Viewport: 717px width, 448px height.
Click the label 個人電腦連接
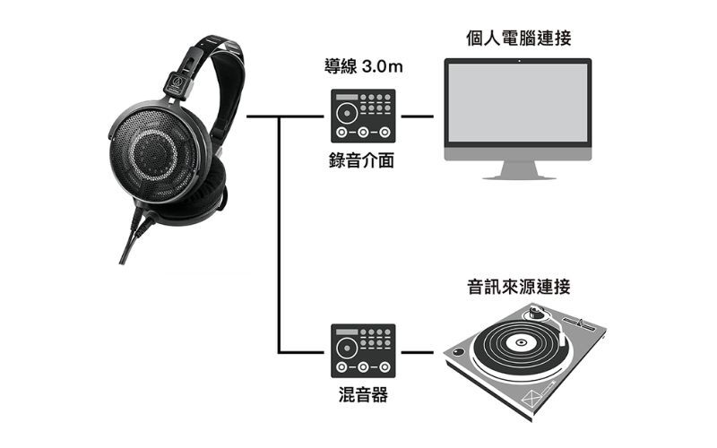pos(519,38)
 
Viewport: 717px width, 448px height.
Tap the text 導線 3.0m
pos(364,66)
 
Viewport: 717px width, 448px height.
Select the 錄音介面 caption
pos(362,160)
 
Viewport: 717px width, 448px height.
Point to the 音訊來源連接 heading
pos(519,287)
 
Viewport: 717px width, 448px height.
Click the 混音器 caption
pos(363,394)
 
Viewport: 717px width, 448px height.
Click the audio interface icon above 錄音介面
pos(363,116)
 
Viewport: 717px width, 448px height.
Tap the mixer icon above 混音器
pos(363,350)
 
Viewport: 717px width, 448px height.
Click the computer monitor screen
pos(518,102)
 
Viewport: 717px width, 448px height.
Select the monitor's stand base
pos(519,177)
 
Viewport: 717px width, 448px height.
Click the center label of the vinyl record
pos(521,342)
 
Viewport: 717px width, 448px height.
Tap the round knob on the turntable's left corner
pos(458,352)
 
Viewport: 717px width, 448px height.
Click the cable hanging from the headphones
pos(133,237)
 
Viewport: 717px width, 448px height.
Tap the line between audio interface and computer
pos(417,116)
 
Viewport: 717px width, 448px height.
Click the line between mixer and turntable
pos(417,352)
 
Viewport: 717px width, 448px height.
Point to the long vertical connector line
pos(279,234)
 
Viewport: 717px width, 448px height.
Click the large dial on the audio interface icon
pos(347,113)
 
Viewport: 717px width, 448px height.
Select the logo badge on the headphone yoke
pos(177,83)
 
